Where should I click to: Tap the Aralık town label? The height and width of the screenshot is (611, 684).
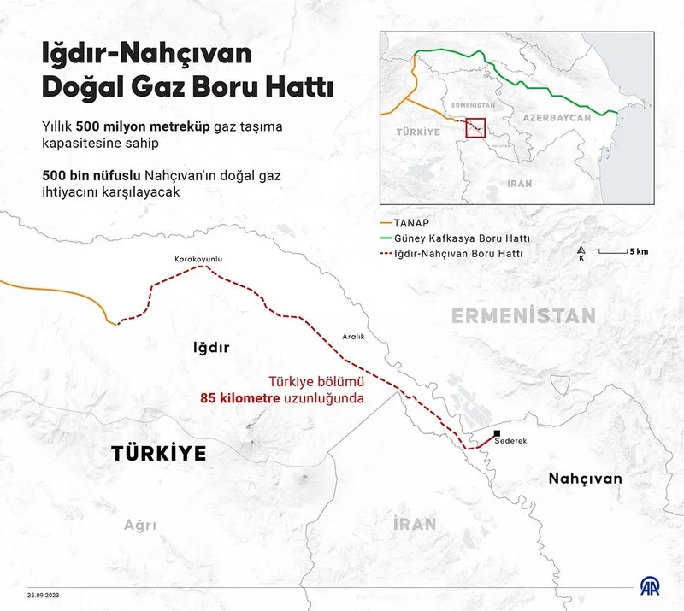352,337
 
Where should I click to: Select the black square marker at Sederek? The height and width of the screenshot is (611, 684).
498,432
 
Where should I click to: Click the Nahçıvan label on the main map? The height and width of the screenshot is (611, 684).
585,479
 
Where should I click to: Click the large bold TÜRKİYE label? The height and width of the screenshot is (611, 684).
159,454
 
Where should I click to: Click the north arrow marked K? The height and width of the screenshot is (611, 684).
581,254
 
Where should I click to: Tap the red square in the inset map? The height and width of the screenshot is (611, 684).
475,126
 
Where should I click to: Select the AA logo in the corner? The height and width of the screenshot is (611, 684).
656,587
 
